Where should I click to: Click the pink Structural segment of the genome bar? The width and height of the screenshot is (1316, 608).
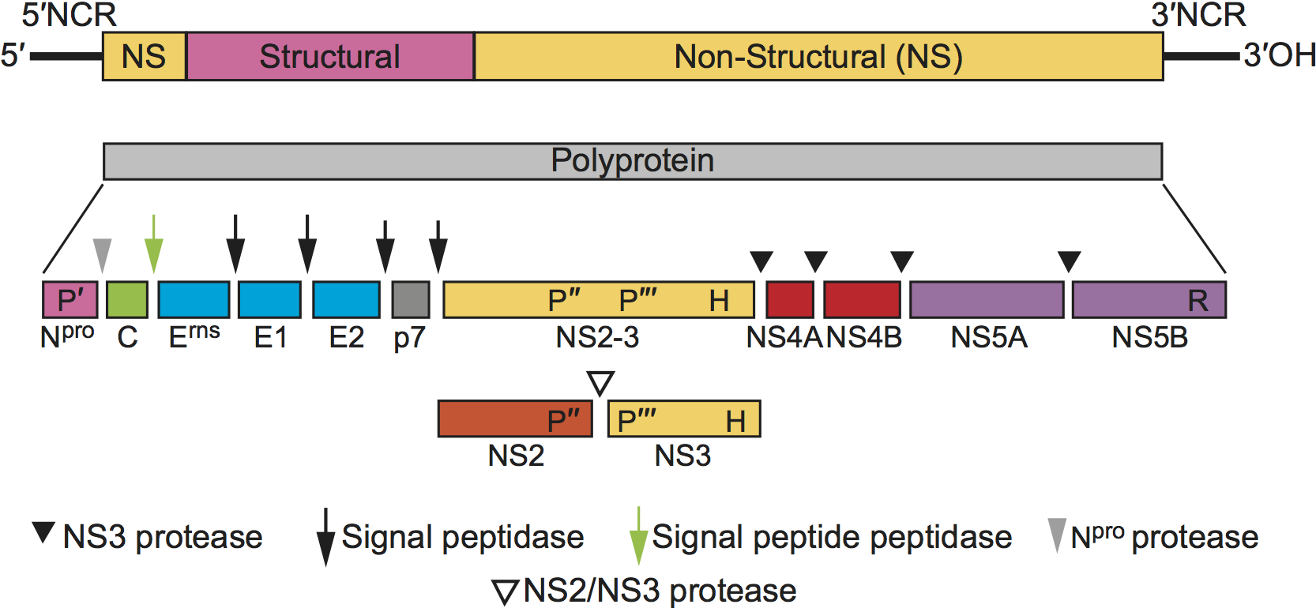pos(329,57)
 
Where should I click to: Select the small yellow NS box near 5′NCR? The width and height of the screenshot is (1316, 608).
pos(144,57)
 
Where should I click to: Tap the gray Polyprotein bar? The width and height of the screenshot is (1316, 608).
pos(632,161)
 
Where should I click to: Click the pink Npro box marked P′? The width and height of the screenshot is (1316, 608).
pos(70,300)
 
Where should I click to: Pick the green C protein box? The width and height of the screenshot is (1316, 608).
pos(127,300)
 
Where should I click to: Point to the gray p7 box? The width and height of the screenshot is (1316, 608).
pos(411,300)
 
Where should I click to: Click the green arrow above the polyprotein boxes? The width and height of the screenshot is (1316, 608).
pos(154,245)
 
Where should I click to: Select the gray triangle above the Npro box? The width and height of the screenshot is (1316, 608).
pos(102,254)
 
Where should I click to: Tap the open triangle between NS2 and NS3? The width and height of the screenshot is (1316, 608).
pos(601,383)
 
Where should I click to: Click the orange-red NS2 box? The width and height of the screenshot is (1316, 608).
pos(515,418)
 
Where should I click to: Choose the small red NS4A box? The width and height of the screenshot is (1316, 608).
pos(789,300)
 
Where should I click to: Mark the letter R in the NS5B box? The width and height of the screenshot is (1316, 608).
pos(1198,301)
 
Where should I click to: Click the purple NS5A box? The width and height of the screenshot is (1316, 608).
pos(987,300)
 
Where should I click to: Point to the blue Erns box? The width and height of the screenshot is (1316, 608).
pos(194,300)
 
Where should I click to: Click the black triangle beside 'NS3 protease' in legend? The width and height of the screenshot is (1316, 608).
pos(43,531)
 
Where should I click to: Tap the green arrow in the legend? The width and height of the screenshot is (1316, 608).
pos(638,537)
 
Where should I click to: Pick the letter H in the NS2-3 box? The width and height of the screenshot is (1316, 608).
pos(719,301)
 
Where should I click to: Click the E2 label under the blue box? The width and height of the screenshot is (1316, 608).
pos(346,338)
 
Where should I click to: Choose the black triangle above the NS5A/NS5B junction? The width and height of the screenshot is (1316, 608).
pos(1069,261)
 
